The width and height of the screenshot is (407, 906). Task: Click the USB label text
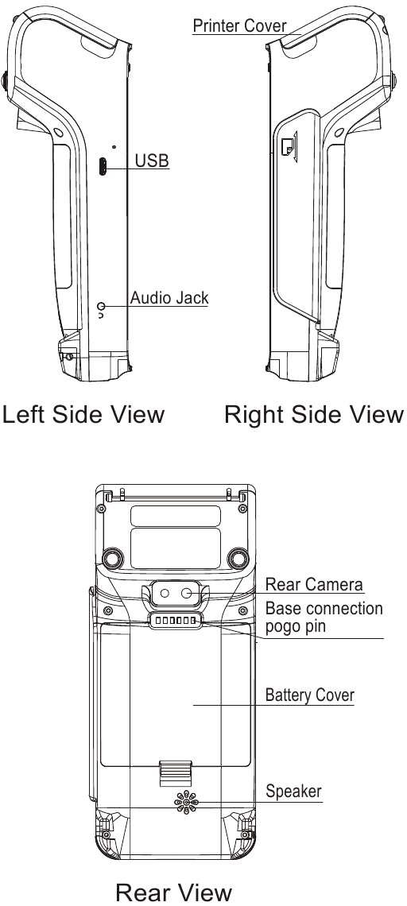(152, 161)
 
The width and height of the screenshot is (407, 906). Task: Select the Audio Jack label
(169, 299)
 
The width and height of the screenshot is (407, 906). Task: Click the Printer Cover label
(239, 26)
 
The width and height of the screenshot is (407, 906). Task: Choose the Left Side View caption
(83, 415)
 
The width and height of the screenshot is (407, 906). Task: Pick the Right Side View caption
(314, 415)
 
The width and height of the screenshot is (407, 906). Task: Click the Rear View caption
(173, 892)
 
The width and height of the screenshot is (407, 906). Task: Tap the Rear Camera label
(314, 585)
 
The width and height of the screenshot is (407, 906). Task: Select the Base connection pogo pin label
(324, 618)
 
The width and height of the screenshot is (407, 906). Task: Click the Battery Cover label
(309, 695)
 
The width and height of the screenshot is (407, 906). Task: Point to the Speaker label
(293, 792)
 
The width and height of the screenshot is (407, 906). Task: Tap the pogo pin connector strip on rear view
(175, 621)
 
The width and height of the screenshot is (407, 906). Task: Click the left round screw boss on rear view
(112, 557)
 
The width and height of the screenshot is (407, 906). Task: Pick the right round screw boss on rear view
(237, 557)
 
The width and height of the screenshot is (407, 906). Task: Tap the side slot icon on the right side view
(288, 146)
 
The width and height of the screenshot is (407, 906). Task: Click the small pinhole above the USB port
(114, 147)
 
